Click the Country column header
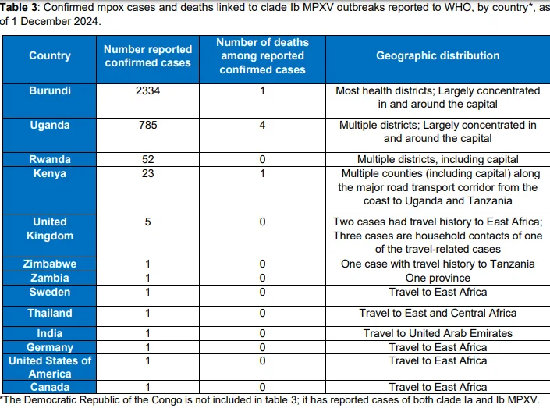pos(50,56)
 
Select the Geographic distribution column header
pos(438,56)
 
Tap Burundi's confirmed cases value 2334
pos(147,90)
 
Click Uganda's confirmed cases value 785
pos(147,126)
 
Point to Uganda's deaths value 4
pos(262,126)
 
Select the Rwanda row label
pos(50,160)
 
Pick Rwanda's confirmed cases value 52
pos(147,160)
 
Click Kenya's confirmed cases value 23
pos(147,174)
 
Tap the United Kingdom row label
pos(50,229)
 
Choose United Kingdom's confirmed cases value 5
pos(147,222)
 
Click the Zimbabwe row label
pos(50,264)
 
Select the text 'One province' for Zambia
pos(438,279)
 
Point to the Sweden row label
pos(50,293)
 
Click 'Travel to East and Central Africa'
pos(438,313)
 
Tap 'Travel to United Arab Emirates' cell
pos(438,333)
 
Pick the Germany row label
pos(50,347)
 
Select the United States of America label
pos(50,367)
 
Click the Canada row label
pos(50,387)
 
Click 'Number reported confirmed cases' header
pos(147,56)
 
